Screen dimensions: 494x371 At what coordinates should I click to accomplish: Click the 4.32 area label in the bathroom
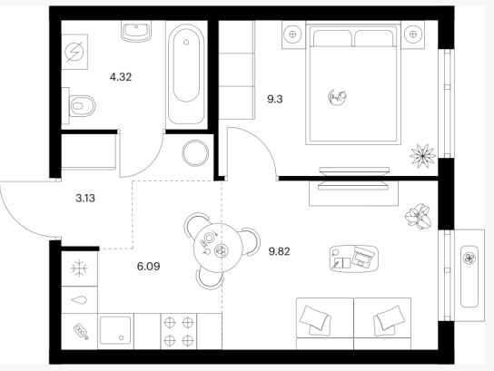(x=121, y=77)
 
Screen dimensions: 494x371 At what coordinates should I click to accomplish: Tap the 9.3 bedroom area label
(x=275, y=100)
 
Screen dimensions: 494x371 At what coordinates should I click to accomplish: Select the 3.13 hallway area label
(x=85, y=199)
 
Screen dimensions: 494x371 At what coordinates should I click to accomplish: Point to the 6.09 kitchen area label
(x=148, y=267)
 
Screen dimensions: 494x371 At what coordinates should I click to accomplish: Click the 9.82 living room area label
(x=279, y=251)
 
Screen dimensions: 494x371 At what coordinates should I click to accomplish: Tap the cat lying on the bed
(x=337, y=97)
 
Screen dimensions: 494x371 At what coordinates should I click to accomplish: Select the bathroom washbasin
(x=136, y=31)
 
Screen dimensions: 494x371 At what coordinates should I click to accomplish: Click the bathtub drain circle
(x=186, y=42)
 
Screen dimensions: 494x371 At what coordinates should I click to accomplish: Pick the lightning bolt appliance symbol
(x=74, y=52)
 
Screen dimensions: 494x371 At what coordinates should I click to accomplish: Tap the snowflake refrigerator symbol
(x=79, y=268)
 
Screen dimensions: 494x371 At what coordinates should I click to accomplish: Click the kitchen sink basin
(x=115, y=330)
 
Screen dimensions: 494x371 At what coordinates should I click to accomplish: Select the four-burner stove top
(x=179, y=331)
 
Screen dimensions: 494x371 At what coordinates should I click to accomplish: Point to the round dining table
(x=217, y=248)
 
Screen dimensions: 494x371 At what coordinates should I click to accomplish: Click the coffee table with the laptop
(x=354, y=259)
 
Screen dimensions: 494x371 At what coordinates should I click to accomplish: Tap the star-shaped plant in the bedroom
(x=423, y=156)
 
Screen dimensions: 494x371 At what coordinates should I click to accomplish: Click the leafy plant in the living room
(x=418, y=216)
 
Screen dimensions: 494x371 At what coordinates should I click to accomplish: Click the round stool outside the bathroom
(x=195, y=153)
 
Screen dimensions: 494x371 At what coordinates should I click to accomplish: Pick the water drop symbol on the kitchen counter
(x=79, y=300)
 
